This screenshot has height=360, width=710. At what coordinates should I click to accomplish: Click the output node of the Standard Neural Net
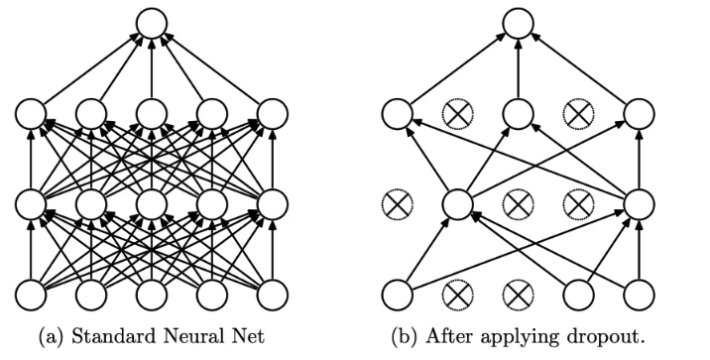click(x=152, y=23)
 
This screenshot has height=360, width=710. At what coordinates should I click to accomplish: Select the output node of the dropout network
click(x=518, y=23)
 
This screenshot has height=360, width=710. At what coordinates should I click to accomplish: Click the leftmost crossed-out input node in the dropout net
click(x=458, y=296)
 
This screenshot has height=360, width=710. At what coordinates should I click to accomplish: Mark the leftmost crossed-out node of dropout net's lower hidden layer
click(x=397, y=204)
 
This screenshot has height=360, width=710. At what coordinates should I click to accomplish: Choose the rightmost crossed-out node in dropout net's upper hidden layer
click(x=579, y=113)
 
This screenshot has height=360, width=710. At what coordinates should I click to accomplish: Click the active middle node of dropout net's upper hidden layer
click(x=518, y=113)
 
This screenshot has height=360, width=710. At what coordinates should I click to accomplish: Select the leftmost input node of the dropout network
click(x=397, y=296)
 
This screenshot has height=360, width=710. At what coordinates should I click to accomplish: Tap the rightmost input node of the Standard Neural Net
click(x=272, y=296)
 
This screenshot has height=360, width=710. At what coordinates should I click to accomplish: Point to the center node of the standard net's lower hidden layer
click(x=152, y=204)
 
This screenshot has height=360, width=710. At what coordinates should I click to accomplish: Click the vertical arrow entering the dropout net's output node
click(x=518, y=68)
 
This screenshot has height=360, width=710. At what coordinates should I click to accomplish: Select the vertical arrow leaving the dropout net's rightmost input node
click(x=639, y=250)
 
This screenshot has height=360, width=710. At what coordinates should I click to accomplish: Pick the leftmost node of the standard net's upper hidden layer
click(x=31, y=113)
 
